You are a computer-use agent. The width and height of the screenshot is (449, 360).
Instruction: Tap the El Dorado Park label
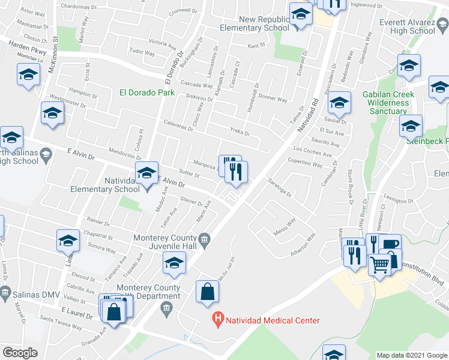pos(147,92)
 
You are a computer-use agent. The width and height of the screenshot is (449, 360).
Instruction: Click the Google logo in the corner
pos(20,353)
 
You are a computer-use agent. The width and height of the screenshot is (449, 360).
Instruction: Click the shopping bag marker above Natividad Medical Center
pos(207,292)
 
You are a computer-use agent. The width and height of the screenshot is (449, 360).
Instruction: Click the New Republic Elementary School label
pos(255,23)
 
